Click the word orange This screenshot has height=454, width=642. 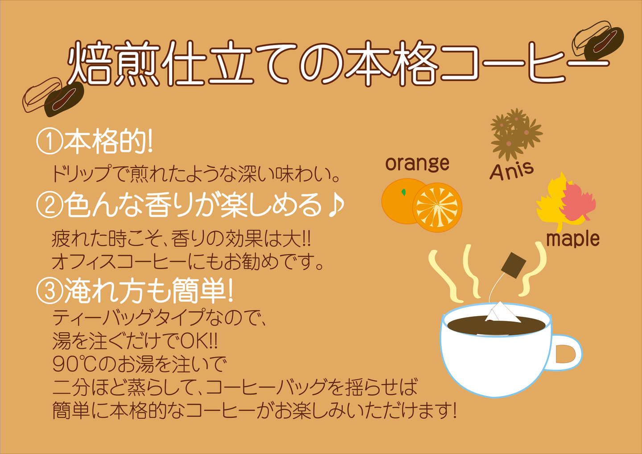coord(417,165)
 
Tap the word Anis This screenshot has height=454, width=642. coord(512,171)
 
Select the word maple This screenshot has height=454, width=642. coord(573,239)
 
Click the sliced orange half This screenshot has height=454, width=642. coord(437,207)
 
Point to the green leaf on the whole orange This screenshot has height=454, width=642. coord(404,192)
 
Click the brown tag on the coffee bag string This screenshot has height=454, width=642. coord(514,265)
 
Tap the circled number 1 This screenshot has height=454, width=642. coord(49,141)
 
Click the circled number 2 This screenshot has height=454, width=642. coord(49,205)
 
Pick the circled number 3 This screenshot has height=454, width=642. coord(49,291)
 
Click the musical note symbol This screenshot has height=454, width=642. coord(336,205)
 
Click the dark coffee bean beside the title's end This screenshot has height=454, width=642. coord(604,44)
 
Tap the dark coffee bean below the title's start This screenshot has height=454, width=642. coord(64,99)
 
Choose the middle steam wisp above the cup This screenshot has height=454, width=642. coord(472,271)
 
